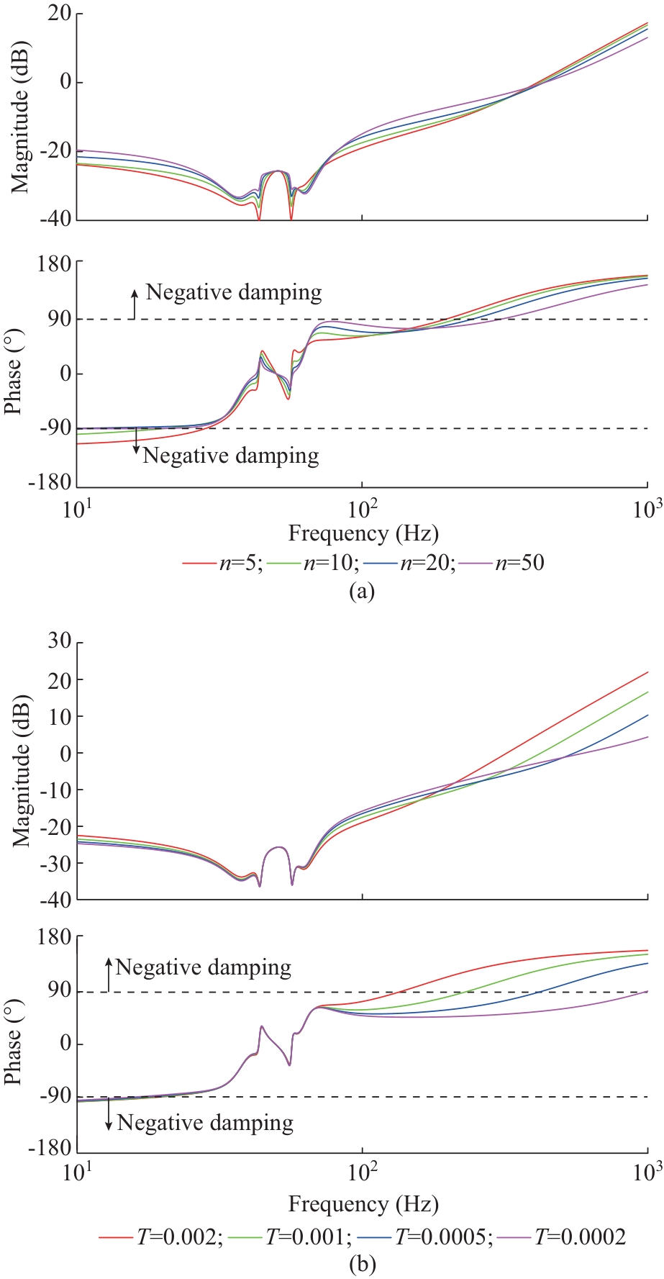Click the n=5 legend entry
[x=223, y=562]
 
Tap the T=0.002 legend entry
[x=161, y=1237]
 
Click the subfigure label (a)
[x=361, y=592]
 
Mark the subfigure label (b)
[x=361, y=1265]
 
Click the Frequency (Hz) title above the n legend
[x=363, y=533]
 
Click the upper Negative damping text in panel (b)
[x=204, y=967]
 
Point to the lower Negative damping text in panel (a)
[x=230, y=456]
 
